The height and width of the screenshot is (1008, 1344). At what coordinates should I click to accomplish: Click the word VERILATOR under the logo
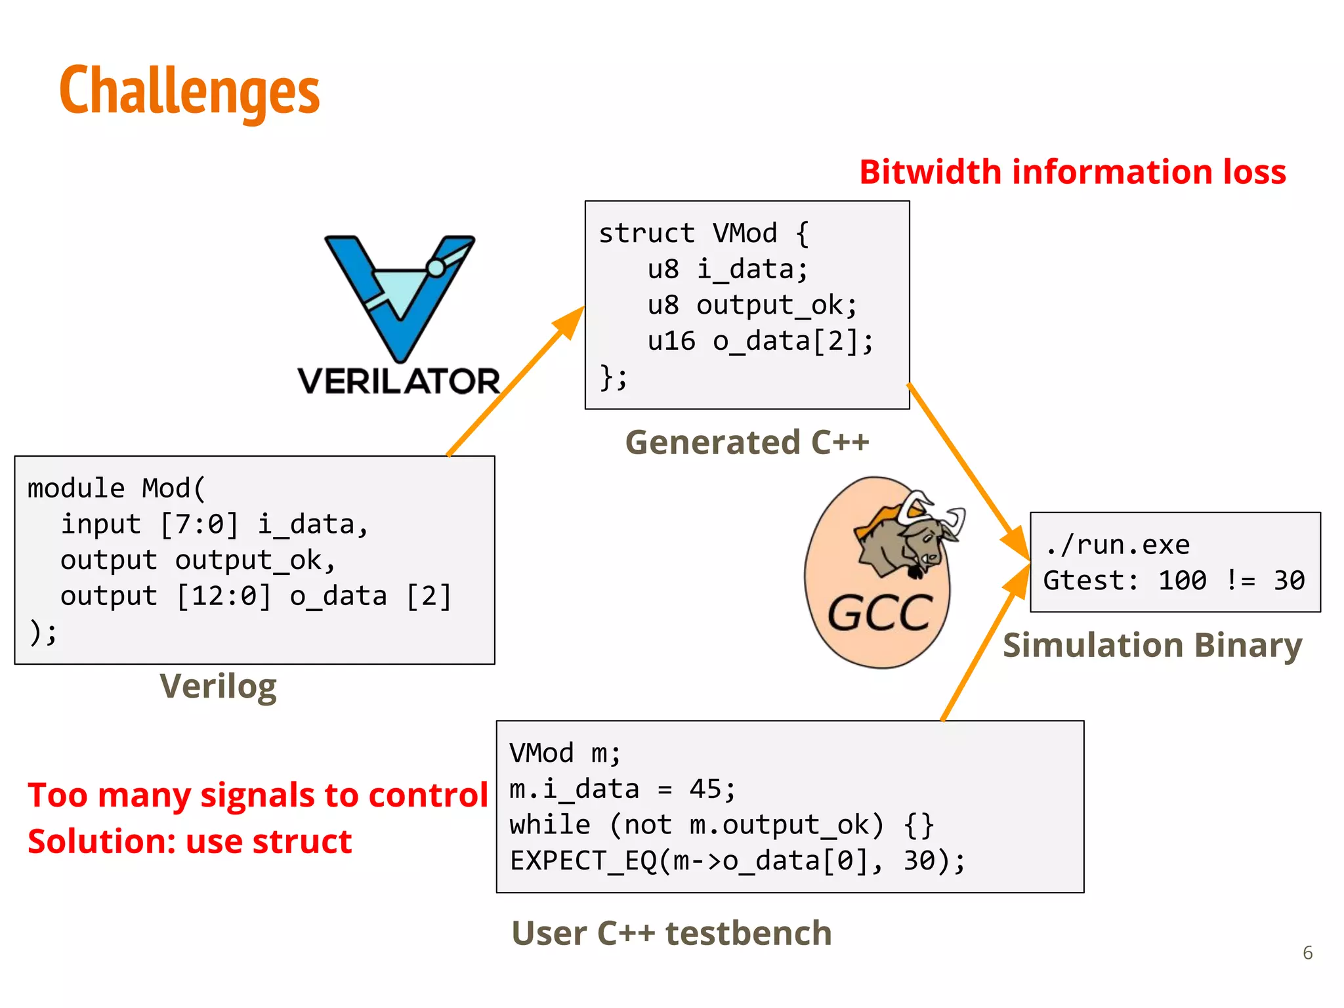click(x=399, y=381)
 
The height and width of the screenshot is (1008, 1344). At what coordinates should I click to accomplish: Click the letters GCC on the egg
click(x=879, y=614)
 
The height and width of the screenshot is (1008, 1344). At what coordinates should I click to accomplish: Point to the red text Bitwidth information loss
click(x=1072, y=172)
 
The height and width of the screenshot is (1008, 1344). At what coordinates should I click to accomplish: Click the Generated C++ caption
click(x=747, y=442)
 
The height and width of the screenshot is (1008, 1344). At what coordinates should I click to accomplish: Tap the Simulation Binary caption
click(x=1152, y=645)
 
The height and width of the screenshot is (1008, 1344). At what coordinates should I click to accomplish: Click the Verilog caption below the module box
click(x=218, y=686)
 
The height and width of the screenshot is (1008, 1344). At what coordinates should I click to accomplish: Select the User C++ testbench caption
click(x=671, y=933)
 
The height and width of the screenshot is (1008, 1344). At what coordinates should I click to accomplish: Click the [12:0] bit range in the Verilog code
click(x=224, y=596)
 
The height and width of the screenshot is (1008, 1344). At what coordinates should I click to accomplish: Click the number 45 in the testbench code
click(x=705, y=789)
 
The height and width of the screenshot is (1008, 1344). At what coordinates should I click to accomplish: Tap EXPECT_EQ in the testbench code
click(x=583, y=860)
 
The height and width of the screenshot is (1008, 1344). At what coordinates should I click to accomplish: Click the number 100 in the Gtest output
click(x=1182, y=580)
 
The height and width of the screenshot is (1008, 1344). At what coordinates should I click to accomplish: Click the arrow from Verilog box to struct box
click(x=515, y=381)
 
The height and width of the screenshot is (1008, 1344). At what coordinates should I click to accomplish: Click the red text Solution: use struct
click(x=190, y=841)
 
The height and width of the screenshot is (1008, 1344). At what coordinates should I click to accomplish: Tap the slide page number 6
click(x=1307, y=953)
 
